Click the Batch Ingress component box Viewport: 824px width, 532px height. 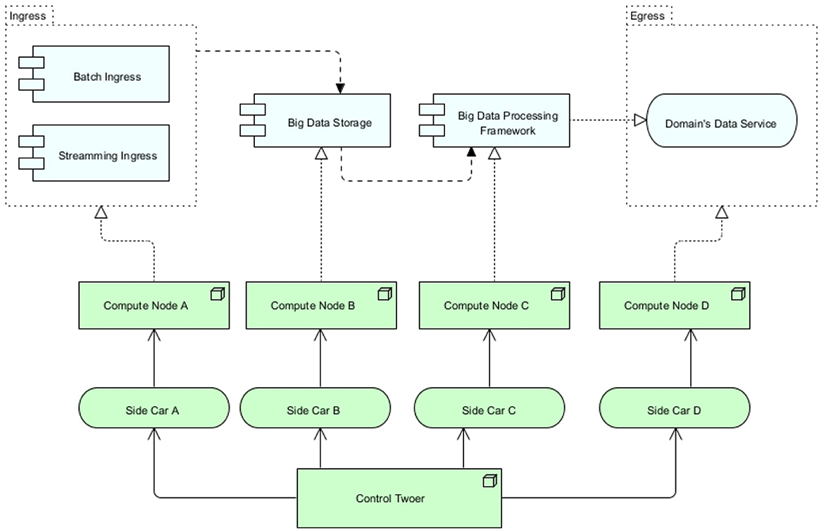tap(101, 73)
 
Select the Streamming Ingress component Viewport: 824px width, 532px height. tap(101, 153)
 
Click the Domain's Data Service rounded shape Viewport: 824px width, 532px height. tap(721, 121)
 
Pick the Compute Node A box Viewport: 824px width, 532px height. tap(154, 305)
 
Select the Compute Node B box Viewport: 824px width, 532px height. tap(321, 305)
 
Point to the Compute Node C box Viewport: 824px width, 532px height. tap(494, 305)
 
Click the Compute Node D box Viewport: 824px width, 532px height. tap(675, 305)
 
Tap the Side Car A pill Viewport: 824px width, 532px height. tap(154, 408)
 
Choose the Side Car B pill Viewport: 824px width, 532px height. tap(316, 408)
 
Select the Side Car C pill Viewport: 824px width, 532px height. tap(489, 408)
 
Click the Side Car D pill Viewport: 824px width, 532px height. tap(675, 408)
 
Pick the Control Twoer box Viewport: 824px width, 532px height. tap(399, 498)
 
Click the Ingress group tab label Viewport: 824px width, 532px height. tap(28, 16)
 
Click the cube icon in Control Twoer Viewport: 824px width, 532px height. tap(489, 481)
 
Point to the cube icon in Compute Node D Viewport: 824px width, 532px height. tap(738, 294)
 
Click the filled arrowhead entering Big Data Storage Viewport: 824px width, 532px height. tap(340, 88)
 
